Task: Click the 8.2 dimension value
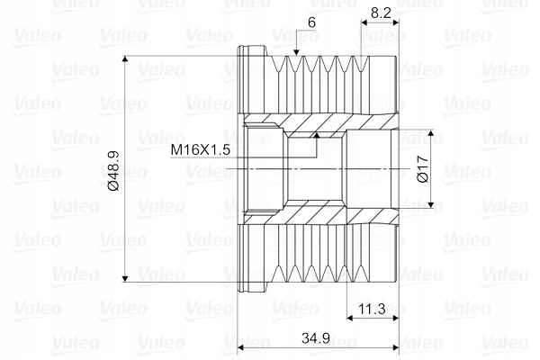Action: pos(382,13)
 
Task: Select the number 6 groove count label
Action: pos(311,22)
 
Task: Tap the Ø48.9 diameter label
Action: pos(113,170)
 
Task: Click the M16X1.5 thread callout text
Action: pos(201,150)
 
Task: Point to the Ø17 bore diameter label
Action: pos(422,169)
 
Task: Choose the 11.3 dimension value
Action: pos(372,309)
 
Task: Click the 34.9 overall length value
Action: pos(316,338)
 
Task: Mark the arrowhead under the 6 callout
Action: pos(296,51)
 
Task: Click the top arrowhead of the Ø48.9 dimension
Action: pos(125,58)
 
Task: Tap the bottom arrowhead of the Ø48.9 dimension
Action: pos(125,278)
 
